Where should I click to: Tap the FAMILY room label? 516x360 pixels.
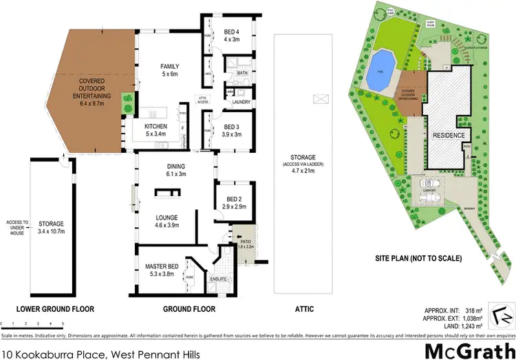[x=169, y=67]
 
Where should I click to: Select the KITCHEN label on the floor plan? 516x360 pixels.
[x=156, y=126]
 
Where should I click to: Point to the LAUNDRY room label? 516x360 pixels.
[x=240, y=103]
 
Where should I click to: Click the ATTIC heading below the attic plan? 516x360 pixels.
[x=303, y=309]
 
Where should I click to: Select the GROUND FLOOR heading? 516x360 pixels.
[x=189, y=309]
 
